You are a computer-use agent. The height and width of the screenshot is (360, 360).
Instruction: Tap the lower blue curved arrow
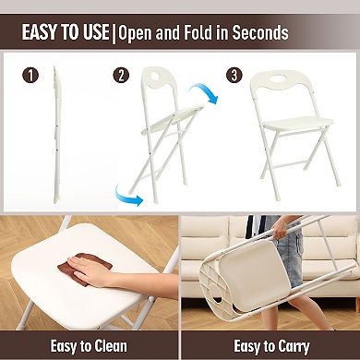tap(127, 192)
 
